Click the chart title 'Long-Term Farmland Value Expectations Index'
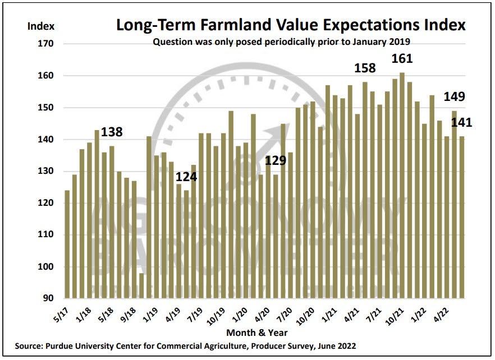click(291, 25)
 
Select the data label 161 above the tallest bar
click(402, 59)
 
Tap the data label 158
click(365, 69)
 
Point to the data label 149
click(454, 96)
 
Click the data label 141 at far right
click(460, 122)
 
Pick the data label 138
click(111, 133)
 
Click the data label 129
click(276, 161)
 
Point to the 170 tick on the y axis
click(46, 44)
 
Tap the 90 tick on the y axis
click(48, 298)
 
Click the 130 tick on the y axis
click(46, 172)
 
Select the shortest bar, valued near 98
click(141, 285)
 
